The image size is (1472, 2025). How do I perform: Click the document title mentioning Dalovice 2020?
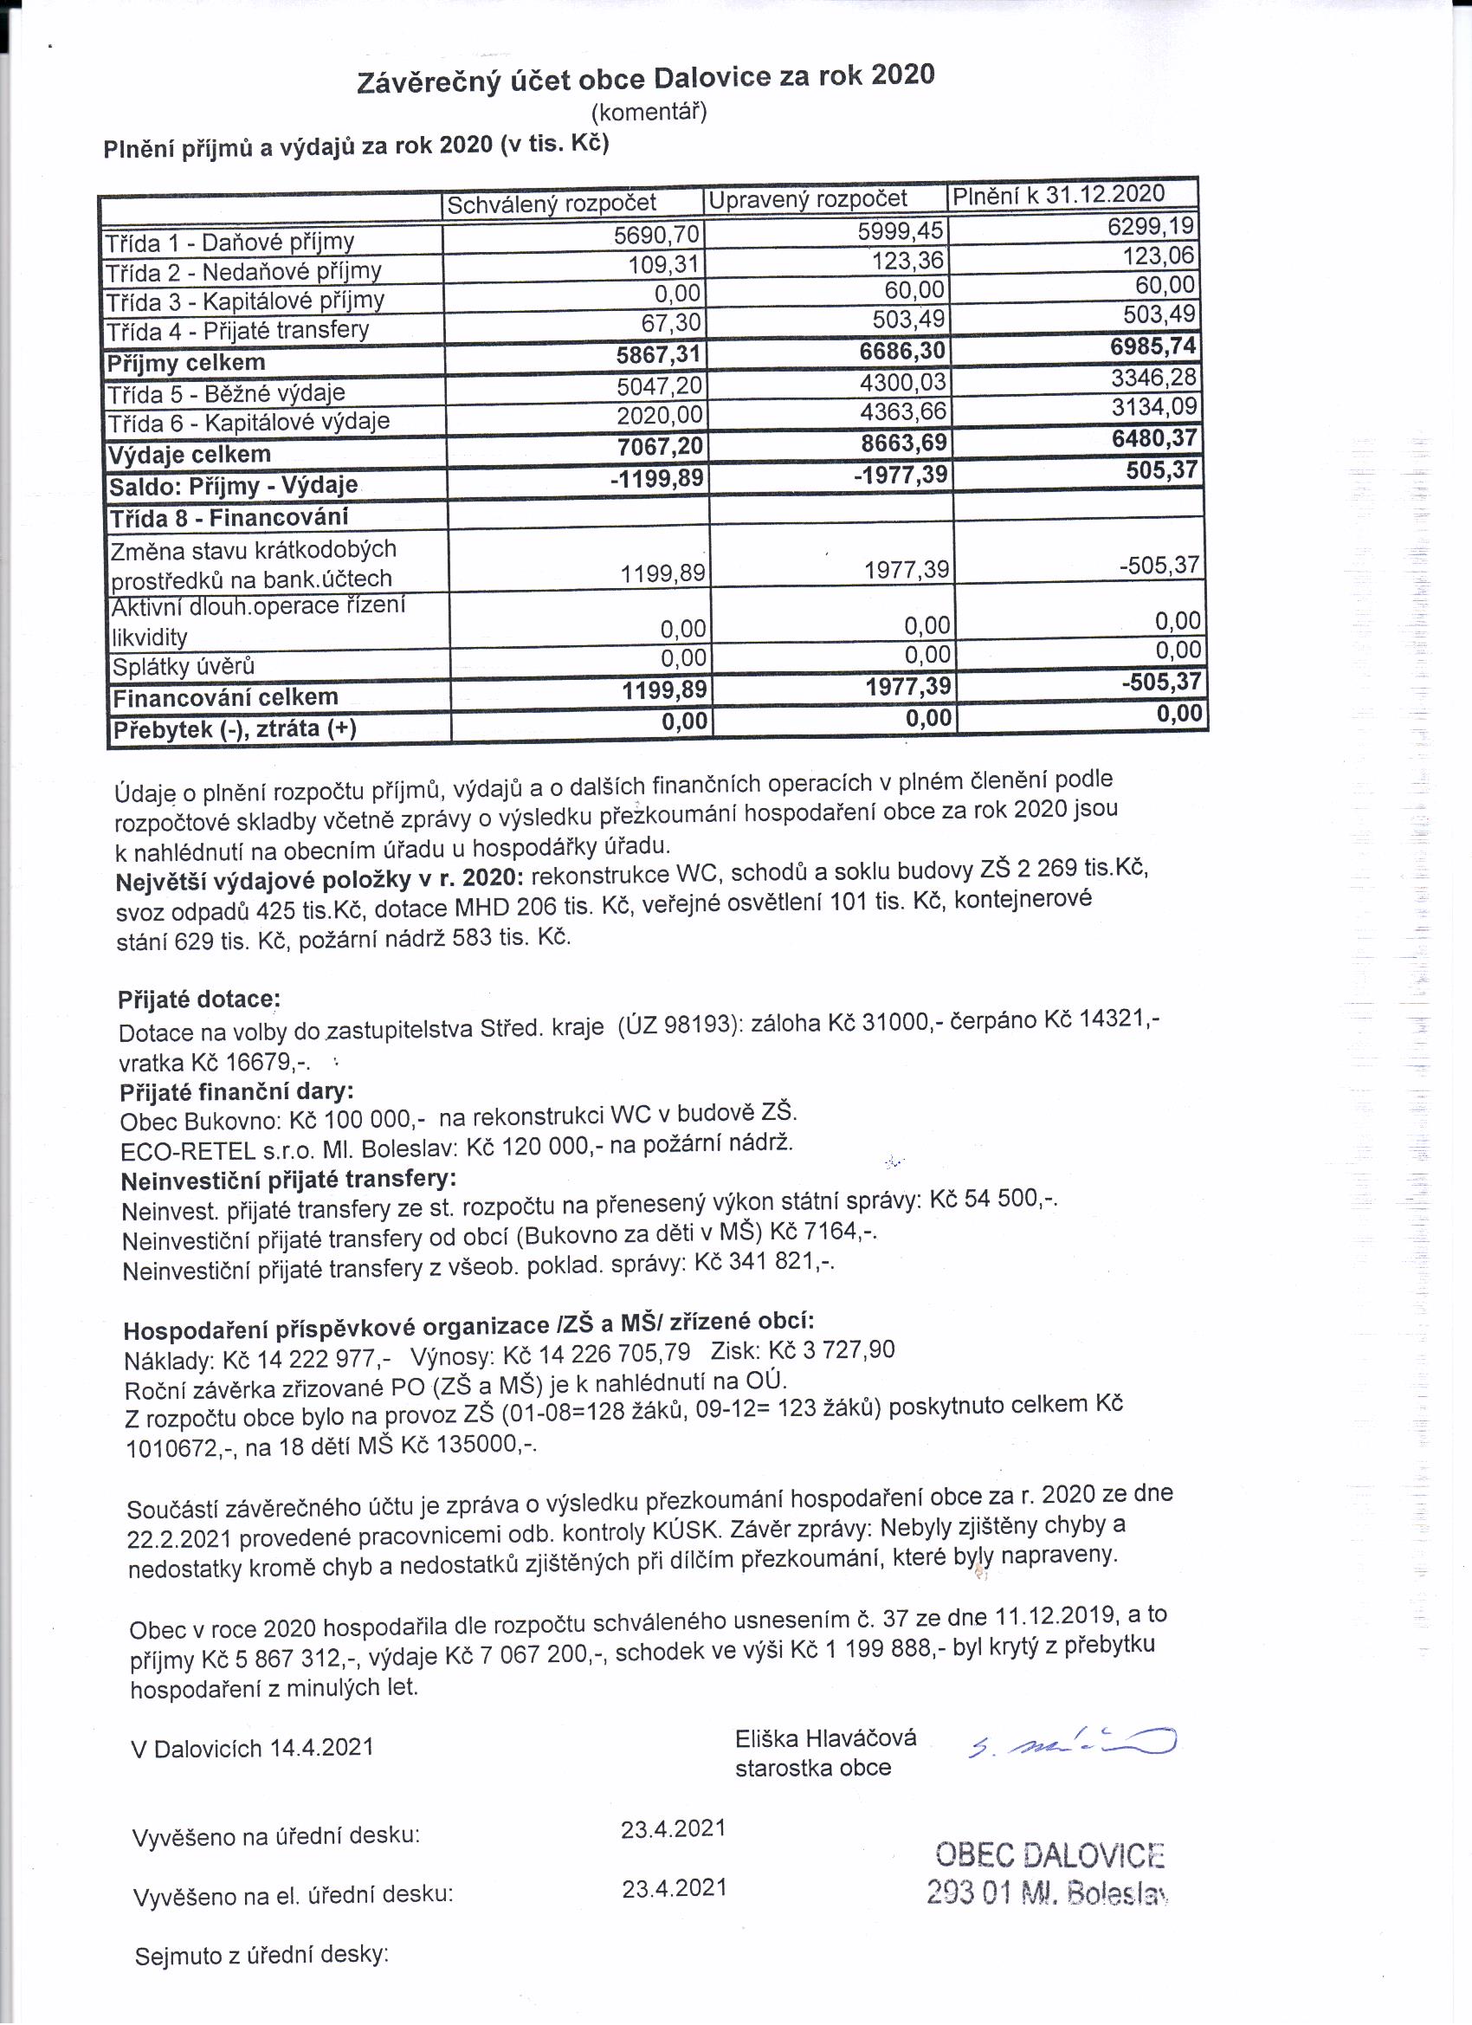click(x=645, y=79)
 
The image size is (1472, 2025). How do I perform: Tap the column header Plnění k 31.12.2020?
click(x=1059, y=195)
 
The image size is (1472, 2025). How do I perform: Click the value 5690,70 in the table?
click(x=657, y=235)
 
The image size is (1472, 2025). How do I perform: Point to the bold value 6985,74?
click(x=1152, y=346)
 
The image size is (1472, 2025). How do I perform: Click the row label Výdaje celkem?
click(x=190, y=455)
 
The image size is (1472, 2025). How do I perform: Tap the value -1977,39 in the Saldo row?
click(x=901, y=474)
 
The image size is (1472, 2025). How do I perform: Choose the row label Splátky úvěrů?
click(x=183, y=666)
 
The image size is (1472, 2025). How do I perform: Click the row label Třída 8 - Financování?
click(x=229, y=518)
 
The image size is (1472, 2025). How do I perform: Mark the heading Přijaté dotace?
click(x=198, y=1000)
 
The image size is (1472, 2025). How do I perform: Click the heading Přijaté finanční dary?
click(x=236, y=1091)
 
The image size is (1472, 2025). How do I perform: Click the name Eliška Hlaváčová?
click(x=825, y=1737)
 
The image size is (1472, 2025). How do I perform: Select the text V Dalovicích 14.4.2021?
click(x=252, y=1747)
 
